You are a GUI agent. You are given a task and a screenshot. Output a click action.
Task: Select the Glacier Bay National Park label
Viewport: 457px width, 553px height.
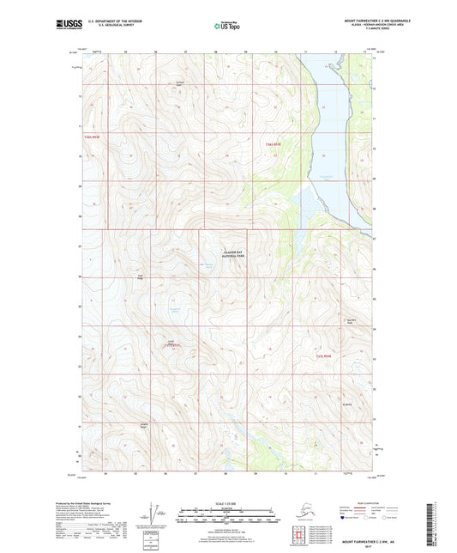(222, 254)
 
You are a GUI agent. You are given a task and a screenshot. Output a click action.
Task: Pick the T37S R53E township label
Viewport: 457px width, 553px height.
(174, 346)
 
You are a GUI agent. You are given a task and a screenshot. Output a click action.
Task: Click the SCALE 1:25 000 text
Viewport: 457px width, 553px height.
(227, 505)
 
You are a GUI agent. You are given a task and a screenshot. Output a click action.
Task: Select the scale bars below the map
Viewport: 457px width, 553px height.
(227, 517)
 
